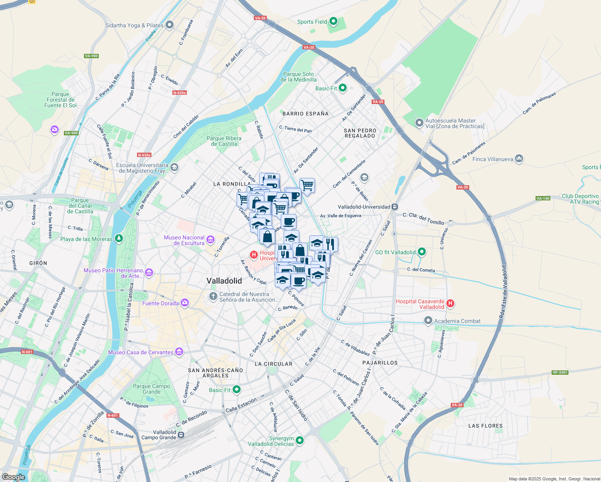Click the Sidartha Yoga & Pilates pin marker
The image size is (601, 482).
170,25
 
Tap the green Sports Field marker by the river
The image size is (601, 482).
333,21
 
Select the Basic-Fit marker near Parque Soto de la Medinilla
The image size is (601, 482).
343,88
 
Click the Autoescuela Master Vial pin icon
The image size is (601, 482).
419,123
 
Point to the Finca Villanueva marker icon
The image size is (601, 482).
519,159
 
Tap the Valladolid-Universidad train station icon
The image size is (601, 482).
395,207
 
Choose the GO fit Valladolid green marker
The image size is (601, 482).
421,252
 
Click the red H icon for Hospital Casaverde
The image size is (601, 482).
450,304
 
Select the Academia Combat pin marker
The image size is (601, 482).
428,321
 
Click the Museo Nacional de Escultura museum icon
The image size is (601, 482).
211,240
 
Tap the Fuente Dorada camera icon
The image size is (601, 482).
184,303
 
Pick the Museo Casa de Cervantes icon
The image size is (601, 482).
179,352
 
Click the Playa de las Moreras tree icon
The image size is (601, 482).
119,239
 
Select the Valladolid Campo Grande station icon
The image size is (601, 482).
182,435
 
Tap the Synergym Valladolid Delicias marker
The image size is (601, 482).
299,441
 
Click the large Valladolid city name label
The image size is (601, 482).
224,281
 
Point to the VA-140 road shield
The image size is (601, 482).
543,198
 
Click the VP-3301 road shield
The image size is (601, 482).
560,372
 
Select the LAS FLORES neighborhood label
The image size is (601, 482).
485,426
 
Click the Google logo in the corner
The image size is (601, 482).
14,477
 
